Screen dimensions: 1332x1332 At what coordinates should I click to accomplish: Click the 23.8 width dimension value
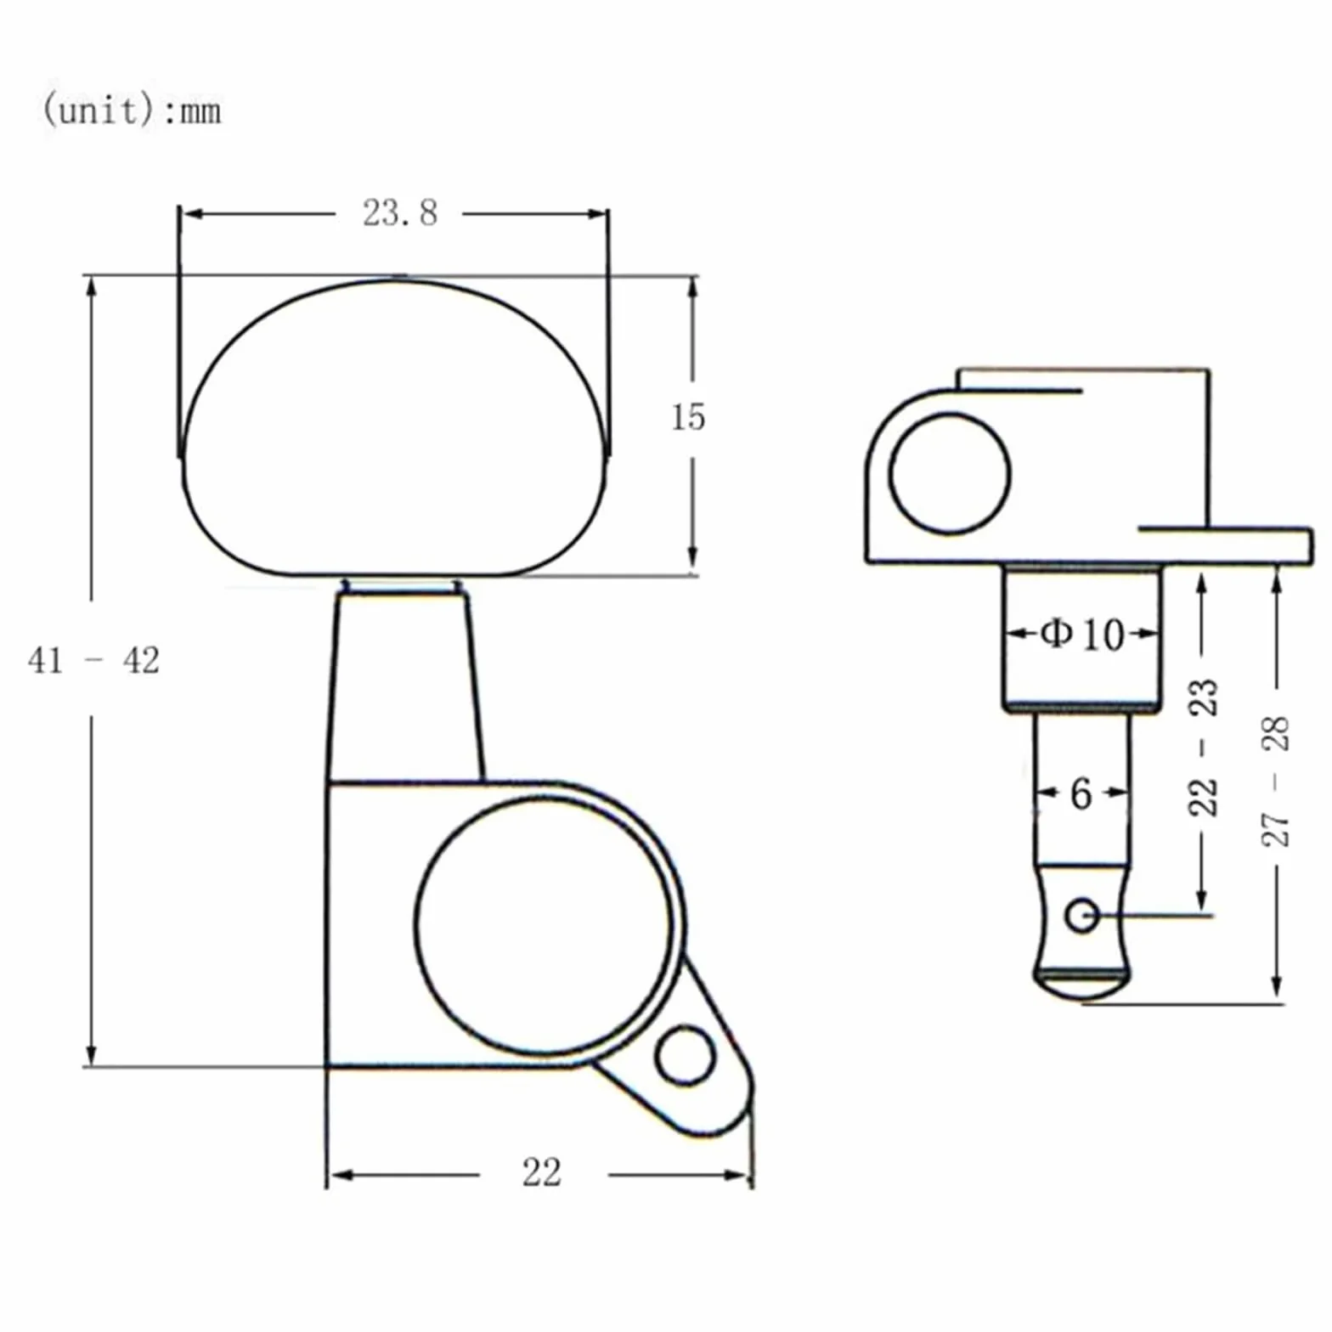pyautogui.click(x=400, y=212)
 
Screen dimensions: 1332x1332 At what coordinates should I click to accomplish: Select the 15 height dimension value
pyautogui.click(x=688, y=417)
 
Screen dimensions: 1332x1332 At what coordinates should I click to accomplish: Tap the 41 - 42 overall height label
pyautogui.click(x=93, y=660)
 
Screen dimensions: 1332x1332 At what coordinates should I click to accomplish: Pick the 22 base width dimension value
pyautogui.click(x=542, y=1173)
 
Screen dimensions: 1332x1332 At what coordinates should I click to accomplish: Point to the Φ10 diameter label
pyautogui.click(x=1082, y=634)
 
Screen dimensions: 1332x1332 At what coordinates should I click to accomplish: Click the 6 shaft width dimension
pyautogui.click(x=1081, y=793)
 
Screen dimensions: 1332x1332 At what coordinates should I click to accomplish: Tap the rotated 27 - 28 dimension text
pyautogui.click(x=1275, y=782)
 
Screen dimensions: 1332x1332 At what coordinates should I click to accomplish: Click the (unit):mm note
pyautogui.click(x=132, y=110)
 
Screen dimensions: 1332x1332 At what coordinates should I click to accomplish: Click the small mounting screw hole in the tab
pyautogui.click(x=684, y=1055)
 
